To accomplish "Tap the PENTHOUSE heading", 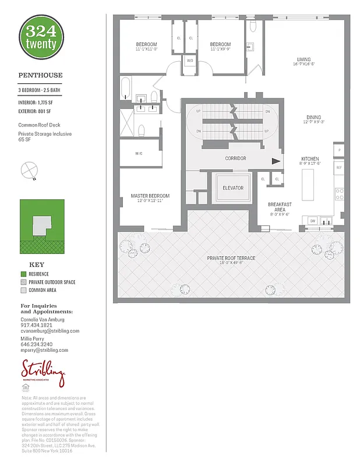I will tap(40, 75).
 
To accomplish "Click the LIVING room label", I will tap(303, 59).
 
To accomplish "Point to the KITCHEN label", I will tap(310, 159).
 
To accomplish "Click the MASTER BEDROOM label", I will tap(150, 196).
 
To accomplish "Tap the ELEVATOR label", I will tap(232, 188).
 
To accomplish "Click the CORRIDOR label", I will tap(235, 158).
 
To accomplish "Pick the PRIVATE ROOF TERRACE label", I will tap(231, 258).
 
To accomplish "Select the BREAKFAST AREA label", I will tap(280, 207).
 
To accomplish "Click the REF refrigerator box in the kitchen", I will tap(338, 167).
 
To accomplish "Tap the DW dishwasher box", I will tap(312, 221).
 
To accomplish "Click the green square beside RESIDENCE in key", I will tap(23, 274).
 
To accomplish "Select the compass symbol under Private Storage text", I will tap(27, 171).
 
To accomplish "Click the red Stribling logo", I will tap(43, 370).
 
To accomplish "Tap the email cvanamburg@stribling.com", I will tap(50, 331).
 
